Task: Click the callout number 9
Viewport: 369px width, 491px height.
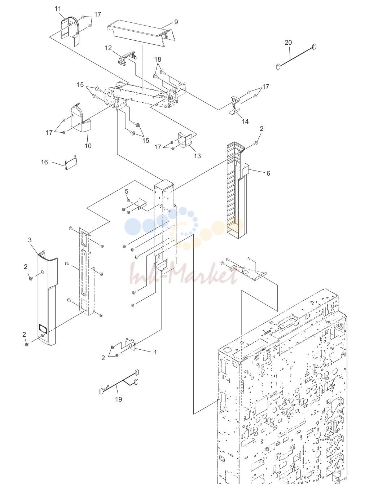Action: [176, 22]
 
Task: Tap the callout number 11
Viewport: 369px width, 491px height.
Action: [58, 9]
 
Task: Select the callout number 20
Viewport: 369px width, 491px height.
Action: [288, 42]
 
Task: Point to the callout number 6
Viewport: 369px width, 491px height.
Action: [268, 173]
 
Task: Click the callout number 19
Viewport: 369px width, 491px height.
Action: [119, 399]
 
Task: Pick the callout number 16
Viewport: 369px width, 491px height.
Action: [44, 162]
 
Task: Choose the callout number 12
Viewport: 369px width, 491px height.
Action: [108, 48]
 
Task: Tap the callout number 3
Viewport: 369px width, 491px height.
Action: [30, 240]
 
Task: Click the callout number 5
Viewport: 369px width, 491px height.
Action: [127, 191]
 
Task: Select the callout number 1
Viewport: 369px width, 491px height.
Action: [155, 352]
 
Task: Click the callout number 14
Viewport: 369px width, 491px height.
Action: [245, 121]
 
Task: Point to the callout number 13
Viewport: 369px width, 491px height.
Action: [197, 156]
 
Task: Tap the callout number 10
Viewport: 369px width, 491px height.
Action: [88, 146]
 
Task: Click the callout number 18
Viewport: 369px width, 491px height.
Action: [158, 59]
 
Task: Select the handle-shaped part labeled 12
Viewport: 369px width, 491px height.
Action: [127, 58]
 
